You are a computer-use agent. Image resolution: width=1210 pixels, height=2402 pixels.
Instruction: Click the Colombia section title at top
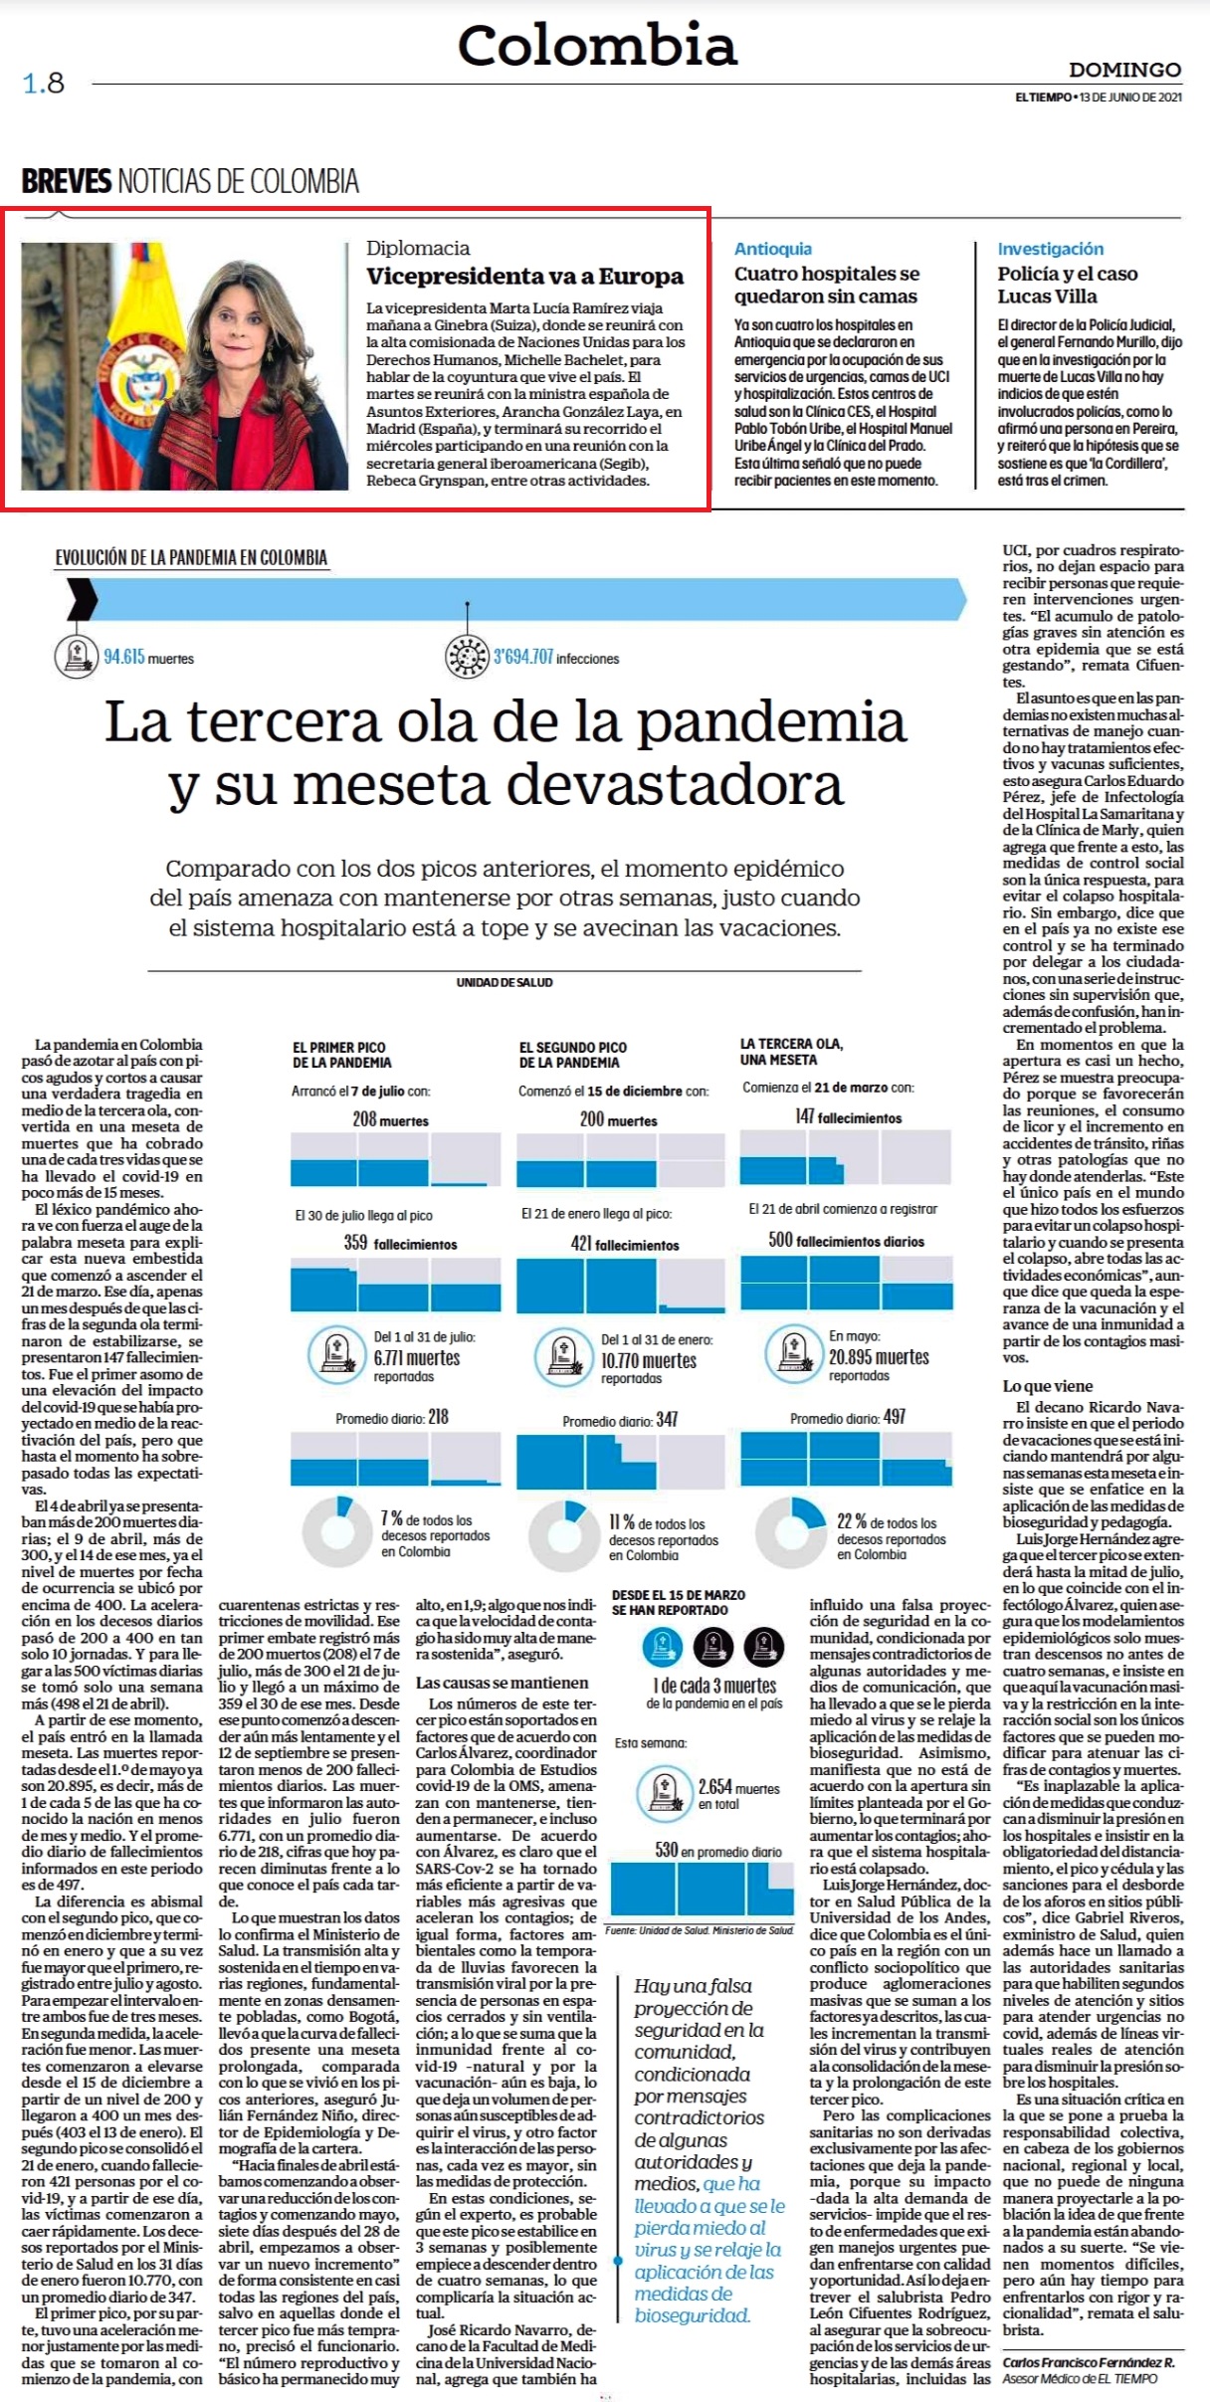pos(597,46)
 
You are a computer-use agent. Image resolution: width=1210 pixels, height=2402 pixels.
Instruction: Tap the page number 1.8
pos(44,83)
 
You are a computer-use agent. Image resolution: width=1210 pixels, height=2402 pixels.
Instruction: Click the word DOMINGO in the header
pos(1124,70)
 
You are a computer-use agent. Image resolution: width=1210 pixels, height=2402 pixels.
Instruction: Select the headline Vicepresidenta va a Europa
pos(524,276)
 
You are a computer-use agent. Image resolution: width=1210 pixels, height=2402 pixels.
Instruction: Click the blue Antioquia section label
pos(773,249)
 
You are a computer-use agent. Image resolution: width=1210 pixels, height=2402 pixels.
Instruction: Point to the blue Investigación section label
pos(1051,249)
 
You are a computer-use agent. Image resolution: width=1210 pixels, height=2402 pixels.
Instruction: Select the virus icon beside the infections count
pos(467,657)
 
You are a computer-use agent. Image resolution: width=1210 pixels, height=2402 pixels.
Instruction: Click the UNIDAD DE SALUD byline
pos(504,982)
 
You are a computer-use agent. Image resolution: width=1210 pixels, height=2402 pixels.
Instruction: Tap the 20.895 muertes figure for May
pos(879,1357)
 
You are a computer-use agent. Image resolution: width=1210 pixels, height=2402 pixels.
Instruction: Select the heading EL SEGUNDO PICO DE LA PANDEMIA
pos(573,1055)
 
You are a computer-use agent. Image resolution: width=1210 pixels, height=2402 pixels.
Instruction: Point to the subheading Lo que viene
pos(1048,1386)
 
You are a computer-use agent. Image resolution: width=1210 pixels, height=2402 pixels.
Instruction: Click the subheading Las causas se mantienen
pos(503,1683)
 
